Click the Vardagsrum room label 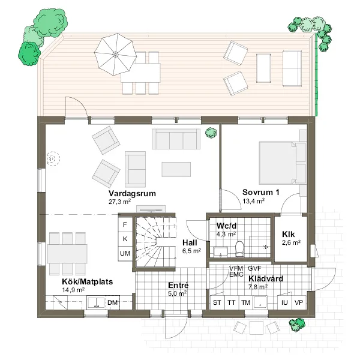click(132, 193)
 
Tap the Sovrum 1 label click(261, 192)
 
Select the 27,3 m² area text click(119, 202)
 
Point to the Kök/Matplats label click(87, 281)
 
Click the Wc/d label click(226, 226)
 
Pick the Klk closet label click(289, 234)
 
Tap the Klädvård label click(266, 279)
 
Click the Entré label click(178, 285)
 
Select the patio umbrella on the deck click(115, 55)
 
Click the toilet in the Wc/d click(240, 248)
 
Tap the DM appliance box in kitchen click(113, 302)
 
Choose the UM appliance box click(125, 253)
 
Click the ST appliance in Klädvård click(217, 302)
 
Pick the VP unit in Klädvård click(299, 302)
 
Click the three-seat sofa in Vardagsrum click(176, 139)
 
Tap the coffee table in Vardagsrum click(176, 169)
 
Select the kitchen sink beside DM click(96, 303)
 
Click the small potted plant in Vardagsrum click(211, 133)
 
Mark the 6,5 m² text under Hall click(192, 251)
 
